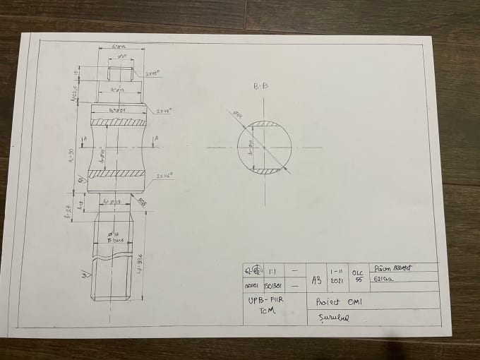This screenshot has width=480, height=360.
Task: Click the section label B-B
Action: click(260, 87)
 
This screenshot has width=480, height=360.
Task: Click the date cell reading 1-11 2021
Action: click(337, 275)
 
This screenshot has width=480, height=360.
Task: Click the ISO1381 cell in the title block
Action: click(273, 286)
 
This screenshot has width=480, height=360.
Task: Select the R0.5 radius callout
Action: click(142, 202)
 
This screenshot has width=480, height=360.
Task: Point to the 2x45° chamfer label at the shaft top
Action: click(152, 73)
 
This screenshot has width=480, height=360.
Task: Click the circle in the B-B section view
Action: click(264, 148)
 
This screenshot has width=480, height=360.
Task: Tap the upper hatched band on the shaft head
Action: click(118, 121)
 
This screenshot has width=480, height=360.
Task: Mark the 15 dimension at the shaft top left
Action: click(76, 72)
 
